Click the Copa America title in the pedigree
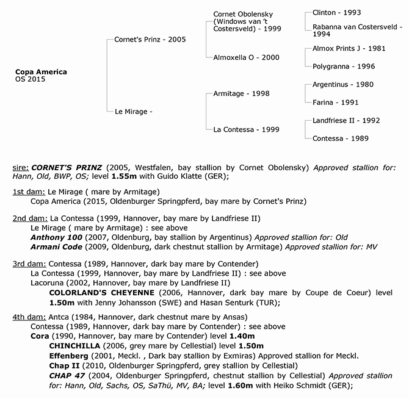41,72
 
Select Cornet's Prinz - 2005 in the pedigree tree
150,39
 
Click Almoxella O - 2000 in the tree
246,57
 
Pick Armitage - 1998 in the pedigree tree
241,93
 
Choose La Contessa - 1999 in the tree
246,129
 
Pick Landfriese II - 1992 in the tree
342,120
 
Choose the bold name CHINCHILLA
75,345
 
